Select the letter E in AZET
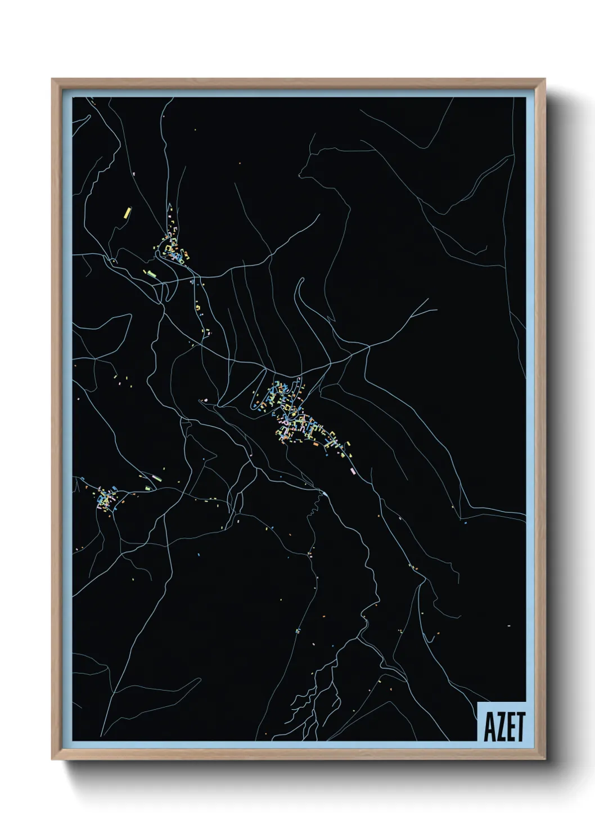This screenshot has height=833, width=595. pos(510,728)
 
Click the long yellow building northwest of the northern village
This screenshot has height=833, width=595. pos(127,213)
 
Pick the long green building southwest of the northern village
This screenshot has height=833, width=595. pos(150,274)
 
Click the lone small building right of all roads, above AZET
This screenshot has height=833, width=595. pos(508,625)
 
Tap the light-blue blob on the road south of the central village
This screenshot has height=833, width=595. pos(324,494)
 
